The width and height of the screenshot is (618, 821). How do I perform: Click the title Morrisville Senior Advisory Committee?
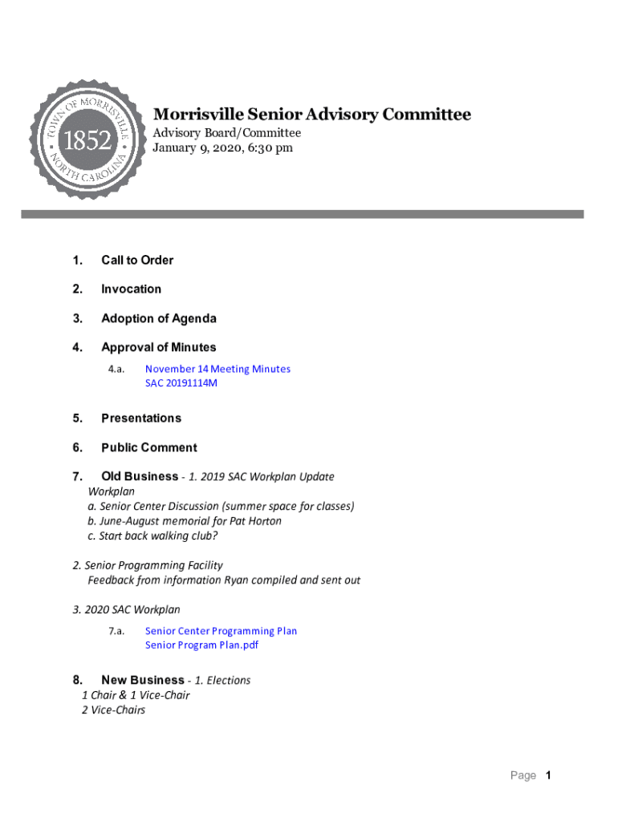coord(311,115)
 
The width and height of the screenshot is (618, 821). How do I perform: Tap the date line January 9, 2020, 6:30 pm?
coord(222,148)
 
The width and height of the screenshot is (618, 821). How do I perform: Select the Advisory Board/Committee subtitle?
coord(226,132)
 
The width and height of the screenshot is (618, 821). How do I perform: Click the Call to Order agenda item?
coord(136,260)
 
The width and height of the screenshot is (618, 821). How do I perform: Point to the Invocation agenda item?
coord(131,289)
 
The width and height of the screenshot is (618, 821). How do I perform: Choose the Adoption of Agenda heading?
coord(158,318)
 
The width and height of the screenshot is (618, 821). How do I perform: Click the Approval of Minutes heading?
coord(158,347)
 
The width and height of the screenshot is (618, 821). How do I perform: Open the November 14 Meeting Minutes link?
coord(218,369)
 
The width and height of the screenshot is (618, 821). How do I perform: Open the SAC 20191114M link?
coord(181,383)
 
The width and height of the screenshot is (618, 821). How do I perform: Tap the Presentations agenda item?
coord(141,418)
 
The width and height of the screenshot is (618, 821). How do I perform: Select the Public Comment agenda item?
coord(148,447)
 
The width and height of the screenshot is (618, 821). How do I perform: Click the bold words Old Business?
coord(140,476)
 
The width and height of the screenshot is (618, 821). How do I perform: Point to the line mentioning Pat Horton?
coord(185,521)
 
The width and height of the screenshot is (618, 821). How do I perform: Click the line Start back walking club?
coord(152,536)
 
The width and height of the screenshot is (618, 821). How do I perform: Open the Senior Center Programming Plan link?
coord(221,631)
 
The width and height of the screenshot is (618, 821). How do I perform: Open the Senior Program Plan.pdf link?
coord(201,645)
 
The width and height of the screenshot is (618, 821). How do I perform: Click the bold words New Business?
coord(142,680)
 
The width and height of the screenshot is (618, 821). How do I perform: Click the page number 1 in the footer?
coord(548,775)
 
